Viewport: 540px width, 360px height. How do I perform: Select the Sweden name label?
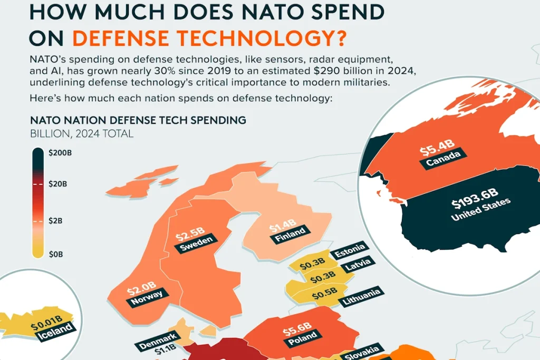tap(196, 244)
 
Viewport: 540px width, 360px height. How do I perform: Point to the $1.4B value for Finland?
tap(283, 227)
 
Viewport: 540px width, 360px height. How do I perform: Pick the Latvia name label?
tap(358, 265)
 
